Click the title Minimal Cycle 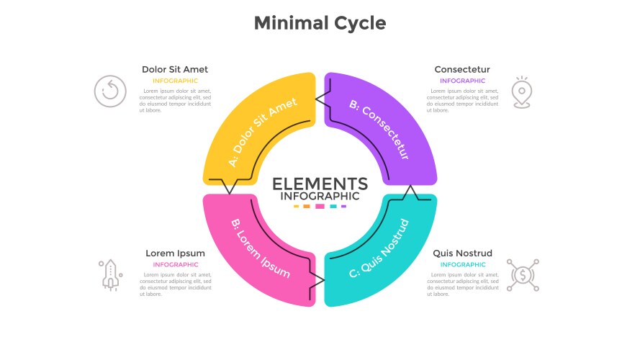click(320, 23)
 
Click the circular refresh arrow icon click(110, 91)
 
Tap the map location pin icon click(522, 92)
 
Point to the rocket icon click(111, 275)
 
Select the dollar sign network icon click(523, 275)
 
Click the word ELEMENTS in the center click(320, 184)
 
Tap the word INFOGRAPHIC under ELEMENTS click(320, 197)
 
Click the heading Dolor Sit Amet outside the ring click(175, 69)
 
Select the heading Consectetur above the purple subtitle click(462, 69)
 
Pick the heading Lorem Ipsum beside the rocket click(175, 253)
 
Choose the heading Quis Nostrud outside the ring click(462, 253)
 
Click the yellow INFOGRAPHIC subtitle click(175, 81)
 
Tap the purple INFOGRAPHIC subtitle click(462, 81)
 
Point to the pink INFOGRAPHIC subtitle click(176, 264)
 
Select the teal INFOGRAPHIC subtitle click(463, 264)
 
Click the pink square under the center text click(320, 207)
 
